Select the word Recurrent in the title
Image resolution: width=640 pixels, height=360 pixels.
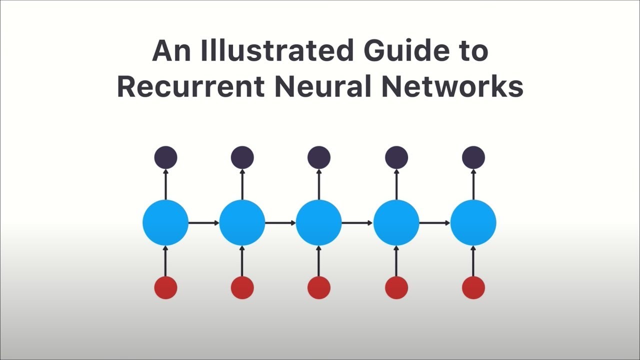190,86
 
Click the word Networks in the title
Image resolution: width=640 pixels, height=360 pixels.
452,86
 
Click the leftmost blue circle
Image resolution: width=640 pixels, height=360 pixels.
165,222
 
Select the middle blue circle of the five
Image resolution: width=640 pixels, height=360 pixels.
319,222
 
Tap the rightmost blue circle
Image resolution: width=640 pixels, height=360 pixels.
473,222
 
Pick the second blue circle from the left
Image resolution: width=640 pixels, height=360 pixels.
242,222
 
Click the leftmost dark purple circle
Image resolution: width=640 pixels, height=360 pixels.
165,157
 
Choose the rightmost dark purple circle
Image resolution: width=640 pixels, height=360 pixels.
473,157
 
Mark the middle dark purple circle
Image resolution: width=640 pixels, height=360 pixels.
319,157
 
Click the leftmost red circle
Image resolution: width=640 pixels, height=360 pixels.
165,287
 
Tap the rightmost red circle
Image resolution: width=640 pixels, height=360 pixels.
473,287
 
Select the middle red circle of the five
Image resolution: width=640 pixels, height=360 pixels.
319,287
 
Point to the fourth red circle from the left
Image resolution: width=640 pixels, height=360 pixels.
396,287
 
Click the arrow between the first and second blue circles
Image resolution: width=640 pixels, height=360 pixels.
203,222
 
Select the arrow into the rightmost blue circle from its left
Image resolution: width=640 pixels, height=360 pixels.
434,222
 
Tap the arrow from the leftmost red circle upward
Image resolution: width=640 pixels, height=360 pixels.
165,260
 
